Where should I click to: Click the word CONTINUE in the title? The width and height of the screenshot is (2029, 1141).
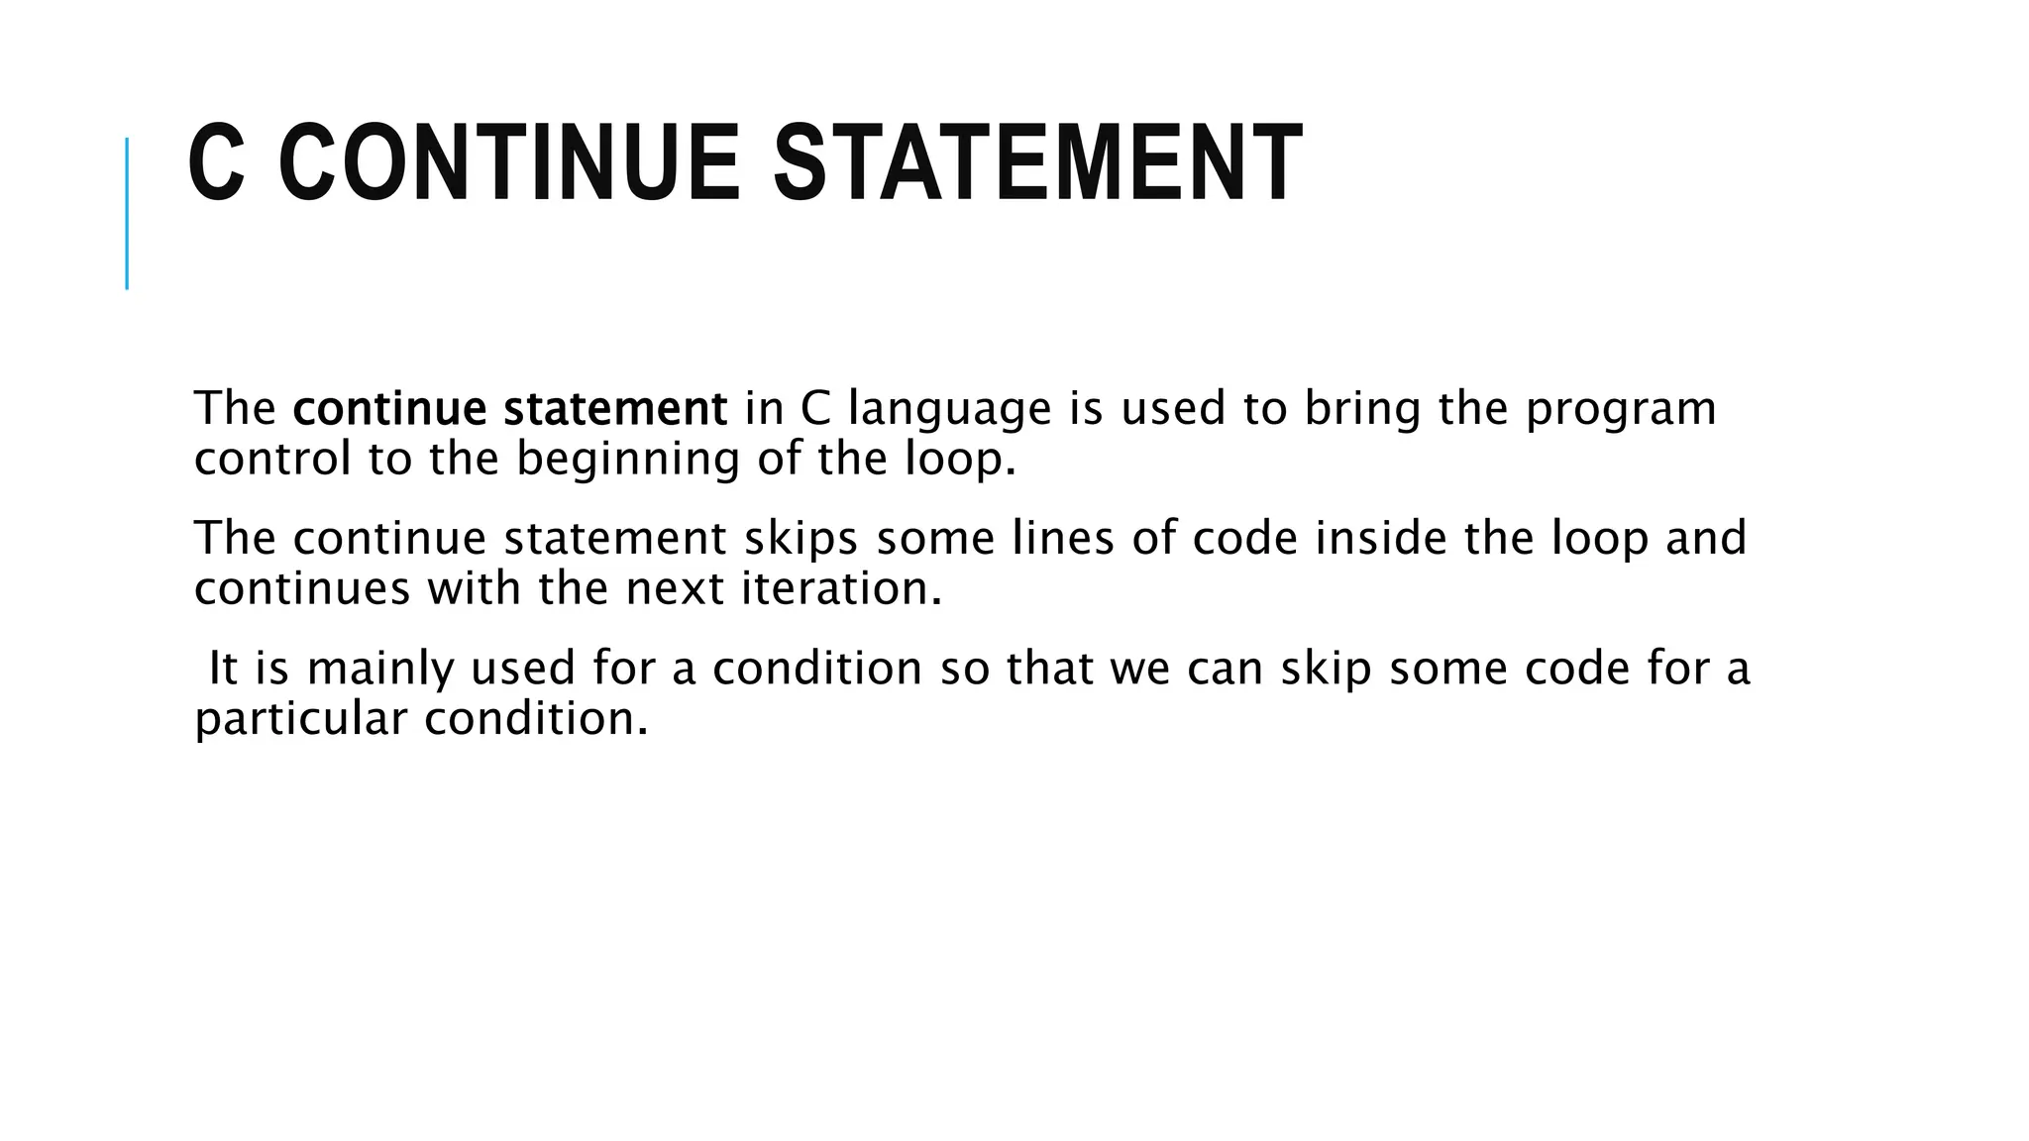pyautogui.click(x=508, y=163)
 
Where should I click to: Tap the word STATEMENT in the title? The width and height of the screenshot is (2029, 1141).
pyautogui.click(x=1036, y=163)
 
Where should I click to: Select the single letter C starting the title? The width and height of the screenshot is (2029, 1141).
pyautogui.click(x=215, y=163)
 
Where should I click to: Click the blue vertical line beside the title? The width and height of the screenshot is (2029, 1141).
pyautogui.click(x=127, y=213)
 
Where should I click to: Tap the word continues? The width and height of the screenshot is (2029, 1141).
pyautogui.click(x=302, y=589)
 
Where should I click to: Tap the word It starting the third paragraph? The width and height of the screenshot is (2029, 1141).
pyautogui.click(x=223, y=669)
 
